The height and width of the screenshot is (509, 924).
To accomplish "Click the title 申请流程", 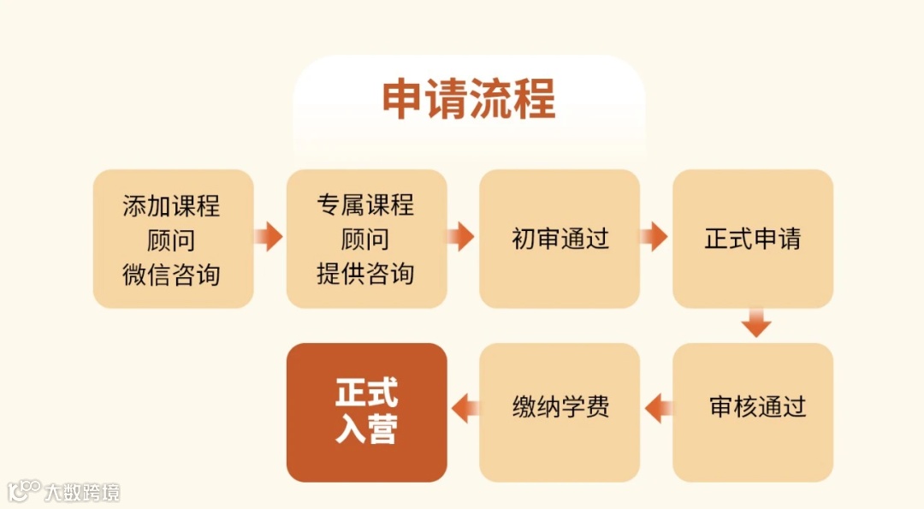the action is pos(469,99).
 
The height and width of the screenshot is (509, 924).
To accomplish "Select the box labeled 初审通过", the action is pos(560,239).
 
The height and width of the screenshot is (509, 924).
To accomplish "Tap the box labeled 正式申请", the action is pos(753,239).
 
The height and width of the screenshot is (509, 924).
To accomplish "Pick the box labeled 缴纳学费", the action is pos(560,406).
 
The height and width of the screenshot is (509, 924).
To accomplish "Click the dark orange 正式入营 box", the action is pos(366,411).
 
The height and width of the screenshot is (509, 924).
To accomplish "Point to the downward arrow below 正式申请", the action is pos(756,323).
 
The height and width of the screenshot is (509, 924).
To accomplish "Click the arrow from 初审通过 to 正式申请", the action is pos(654,237).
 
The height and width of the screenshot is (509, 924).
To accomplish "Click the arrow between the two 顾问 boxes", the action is pos(269,237).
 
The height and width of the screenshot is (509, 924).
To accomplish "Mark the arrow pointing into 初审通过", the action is pos(461,237).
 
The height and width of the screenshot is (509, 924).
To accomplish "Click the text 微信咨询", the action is pos(172,275).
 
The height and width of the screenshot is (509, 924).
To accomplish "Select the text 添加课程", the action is pos(172,206).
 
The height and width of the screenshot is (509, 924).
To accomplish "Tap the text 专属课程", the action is pos(365,205).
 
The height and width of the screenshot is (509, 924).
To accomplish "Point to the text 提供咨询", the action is pos(365,274).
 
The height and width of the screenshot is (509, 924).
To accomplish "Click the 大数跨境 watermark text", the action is pos(82,492).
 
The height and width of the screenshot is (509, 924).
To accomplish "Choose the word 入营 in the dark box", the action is pos(366,429).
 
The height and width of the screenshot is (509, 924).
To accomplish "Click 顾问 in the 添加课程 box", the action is pos(172,240).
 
